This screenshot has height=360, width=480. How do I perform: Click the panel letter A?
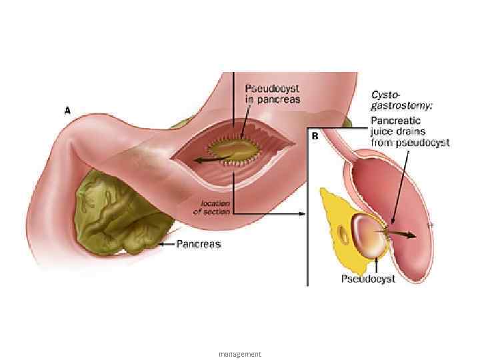click(x=67, y=112)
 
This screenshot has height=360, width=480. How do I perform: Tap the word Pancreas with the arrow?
click(x=198, y=245)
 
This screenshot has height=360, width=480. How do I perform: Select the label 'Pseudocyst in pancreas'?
click(x=273, y=93)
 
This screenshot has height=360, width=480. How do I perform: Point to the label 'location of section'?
click(x=211, y=207)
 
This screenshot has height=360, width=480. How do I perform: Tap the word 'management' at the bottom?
click(x=240, y=354)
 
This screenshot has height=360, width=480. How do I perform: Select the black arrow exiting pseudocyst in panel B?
click(x=403, y=234)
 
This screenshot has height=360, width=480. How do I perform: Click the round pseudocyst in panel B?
click(x=367, y=237)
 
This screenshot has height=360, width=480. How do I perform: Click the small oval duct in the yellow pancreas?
click(x=344, y=235)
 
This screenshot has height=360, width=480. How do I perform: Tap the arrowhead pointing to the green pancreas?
click(x=161, y=245)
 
